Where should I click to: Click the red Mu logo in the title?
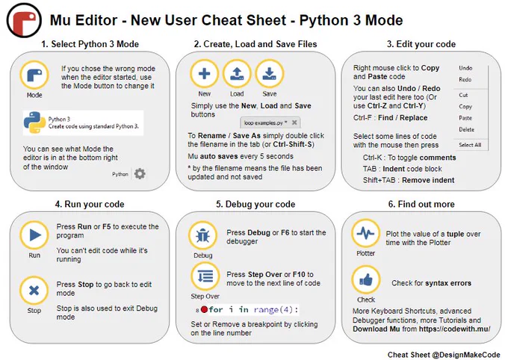(24, 20)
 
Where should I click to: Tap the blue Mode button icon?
(34, 75)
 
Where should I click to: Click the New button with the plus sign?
(204, 74)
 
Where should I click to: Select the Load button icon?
(237, 74)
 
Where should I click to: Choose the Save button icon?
(270, 74)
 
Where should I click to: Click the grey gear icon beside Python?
(140, 174)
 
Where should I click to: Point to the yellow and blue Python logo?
(34, 122)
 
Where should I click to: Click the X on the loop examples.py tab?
(294, 122)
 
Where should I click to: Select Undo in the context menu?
(465, 68)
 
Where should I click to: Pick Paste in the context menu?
(465, 118)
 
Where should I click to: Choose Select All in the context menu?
(470, 145)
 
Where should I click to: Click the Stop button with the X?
(34, 291)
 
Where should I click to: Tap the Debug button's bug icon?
(202, 235)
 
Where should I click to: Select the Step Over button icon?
(205, 276)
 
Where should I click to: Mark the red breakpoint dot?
(204, 309)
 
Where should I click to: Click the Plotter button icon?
(366, 233)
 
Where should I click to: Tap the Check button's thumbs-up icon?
(366, 280)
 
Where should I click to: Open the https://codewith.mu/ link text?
(454, 329)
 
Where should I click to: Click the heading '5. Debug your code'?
(255, 204)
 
